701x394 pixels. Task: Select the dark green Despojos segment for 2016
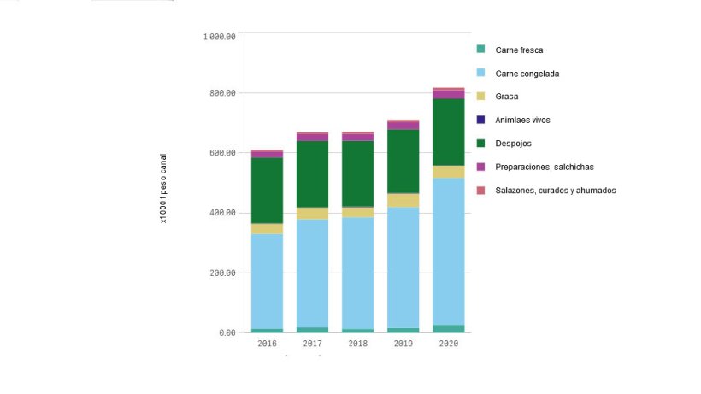(x=267, y=190)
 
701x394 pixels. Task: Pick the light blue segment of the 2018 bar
(x=358, y=273)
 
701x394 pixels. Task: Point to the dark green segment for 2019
(x=404, y=161)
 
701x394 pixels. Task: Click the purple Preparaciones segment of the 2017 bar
(x=313, y=137)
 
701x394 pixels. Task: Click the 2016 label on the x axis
(x=267, y=343)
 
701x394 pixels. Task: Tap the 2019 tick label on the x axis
(x=404, y=343)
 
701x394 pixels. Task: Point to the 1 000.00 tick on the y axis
(x=220, y=36)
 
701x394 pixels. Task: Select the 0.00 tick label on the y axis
(x=227, y=332)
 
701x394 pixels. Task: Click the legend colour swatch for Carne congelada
(x=480, y=74)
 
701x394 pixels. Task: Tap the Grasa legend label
(x=507, y=97)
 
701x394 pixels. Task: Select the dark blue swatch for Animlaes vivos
(x=480, y=120)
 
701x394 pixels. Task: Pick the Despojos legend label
(x=513, y=144)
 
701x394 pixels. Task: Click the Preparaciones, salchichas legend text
(x=545, y=167)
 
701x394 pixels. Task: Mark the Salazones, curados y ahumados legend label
(x=555, y=190)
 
